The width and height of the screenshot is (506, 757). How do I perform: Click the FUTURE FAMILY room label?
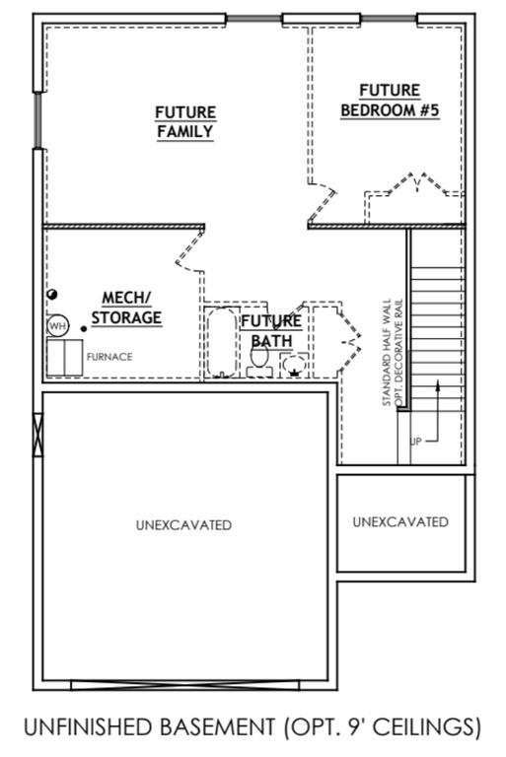tap(184, 122)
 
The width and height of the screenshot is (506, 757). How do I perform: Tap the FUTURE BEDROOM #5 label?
tap(390, 101)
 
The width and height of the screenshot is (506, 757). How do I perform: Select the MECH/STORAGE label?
tap(126, 308)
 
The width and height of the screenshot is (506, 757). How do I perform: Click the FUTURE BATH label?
tap(271, 330)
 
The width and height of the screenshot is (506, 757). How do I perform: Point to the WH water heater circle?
tap(56, 325)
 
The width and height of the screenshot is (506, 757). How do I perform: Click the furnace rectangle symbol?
tap(64, 357)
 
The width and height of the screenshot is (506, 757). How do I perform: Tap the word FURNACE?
tap(109, 357)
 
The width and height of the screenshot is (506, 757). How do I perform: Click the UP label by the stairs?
tap(415, 442)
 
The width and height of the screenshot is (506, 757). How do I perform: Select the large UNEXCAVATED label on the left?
tap(183, 525)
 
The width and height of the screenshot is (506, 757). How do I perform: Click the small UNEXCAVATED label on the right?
tap(399, 521)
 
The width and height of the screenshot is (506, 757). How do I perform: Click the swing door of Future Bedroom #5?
tap(324, 202)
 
